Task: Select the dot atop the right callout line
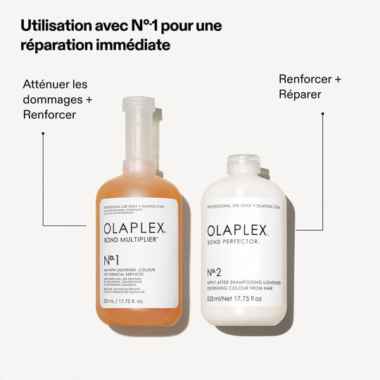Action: click(323, 113)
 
